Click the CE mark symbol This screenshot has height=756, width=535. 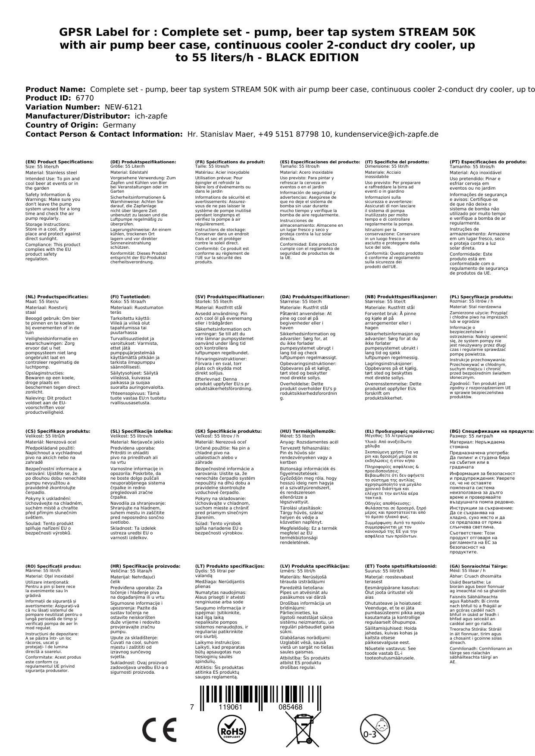[x=159, y=730]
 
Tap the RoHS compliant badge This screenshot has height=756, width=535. [x=232, y=730]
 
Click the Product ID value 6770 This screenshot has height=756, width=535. [x=84, y=98]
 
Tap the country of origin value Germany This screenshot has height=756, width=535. [x=119, y=125]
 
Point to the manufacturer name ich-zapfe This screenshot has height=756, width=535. [x=151, y=116]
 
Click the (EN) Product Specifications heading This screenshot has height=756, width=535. [x=59, y=162]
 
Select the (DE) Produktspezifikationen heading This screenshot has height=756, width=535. [x=143, y=162]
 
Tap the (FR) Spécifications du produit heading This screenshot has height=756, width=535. [x=230, y=162]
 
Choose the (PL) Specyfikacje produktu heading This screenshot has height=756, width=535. [x=481, y=297]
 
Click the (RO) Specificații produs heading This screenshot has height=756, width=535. [x=53, y=566]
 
